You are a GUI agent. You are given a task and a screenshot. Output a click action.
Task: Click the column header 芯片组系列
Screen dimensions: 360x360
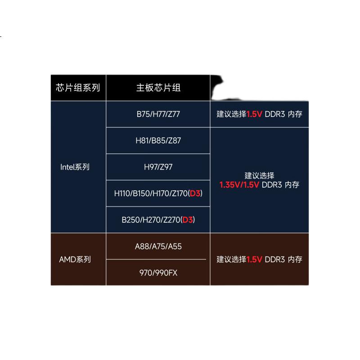[x=78, y=88]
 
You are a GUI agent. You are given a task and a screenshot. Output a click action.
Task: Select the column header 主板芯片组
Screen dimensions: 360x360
[x=158, y=88]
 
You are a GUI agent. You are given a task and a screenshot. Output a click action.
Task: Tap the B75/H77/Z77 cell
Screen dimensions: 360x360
[x=158, y=114]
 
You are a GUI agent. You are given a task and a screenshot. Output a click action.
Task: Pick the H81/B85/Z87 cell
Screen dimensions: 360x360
[x=158, y=140]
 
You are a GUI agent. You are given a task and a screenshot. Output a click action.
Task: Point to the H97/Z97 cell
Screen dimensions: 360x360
[x=158, y=167]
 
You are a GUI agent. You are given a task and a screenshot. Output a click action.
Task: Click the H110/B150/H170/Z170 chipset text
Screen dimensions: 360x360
[x=151, y=193]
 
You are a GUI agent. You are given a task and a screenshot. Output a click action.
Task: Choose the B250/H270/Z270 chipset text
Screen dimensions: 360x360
[x=151, y=220]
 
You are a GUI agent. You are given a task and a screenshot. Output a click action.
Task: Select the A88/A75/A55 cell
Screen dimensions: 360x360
[x=158, y=247]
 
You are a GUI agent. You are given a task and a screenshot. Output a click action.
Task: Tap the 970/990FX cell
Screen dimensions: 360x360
[x=158, y=273]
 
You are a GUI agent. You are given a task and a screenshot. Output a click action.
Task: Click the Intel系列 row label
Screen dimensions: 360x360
[x=75, y=167]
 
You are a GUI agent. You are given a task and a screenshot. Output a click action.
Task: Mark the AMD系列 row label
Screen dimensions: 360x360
[x=75, y=260]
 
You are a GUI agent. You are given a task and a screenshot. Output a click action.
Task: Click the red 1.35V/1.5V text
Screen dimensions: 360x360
[x=239, y=185]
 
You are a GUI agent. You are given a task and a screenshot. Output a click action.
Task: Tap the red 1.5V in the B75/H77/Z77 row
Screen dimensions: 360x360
[x=254, y=114]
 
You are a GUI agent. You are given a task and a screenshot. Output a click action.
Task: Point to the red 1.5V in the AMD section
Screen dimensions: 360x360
[x=254, y=260]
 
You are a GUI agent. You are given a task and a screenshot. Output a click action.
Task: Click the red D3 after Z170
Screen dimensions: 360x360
[x=195, y=193]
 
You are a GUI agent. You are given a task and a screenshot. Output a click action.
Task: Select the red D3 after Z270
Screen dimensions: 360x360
[x=187, y=220]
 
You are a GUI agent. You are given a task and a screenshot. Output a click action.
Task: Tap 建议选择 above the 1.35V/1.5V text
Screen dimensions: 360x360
[x=260, y=175]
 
